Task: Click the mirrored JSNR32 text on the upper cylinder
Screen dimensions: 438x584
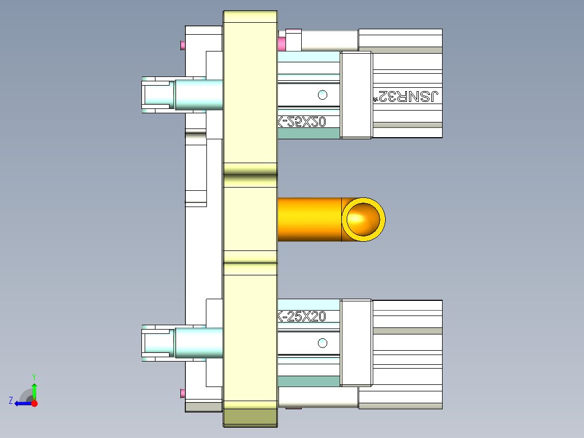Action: pos(408,96)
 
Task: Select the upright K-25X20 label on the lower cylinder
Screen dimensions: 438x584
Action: pos(301,316)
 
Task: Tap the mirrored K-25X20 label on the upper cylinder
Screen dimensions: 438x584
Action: pos(301,123)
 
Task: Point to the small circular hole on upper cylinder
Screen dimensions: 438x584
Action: pos(323,95)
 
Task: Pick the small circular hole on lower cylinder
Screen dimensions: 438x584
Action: pos(323,343)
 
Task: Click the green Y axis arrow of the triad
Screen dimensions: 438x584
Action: pos(34,389)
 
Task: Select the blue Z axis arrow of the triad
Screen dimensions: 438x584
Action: pos(22,403)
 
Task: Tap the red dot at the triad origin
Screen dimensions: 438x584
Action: pos(34,403)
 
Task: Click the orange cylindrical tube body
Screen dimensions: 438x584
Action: pos(309,219)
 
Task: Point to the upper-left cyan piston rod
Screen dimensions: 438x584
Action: pos(198,94)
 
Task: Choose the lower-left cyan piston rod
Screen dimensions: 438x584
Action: pos(198,343)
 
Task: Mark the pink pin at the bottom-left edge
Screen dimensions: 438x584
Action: pos(183,392)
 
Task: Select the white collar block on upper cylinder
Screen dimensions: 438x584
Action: pos(356,95)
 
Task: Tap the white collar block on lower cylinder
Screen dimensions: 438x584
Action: pos(356,343)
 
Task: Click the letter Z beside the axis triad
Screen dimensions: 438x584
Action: pos(11,401)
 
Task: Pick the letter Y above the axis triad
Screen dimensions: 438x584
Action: pos(34,376)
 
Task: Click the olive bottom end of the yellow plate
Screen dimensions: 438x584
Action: pos(250,417)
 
